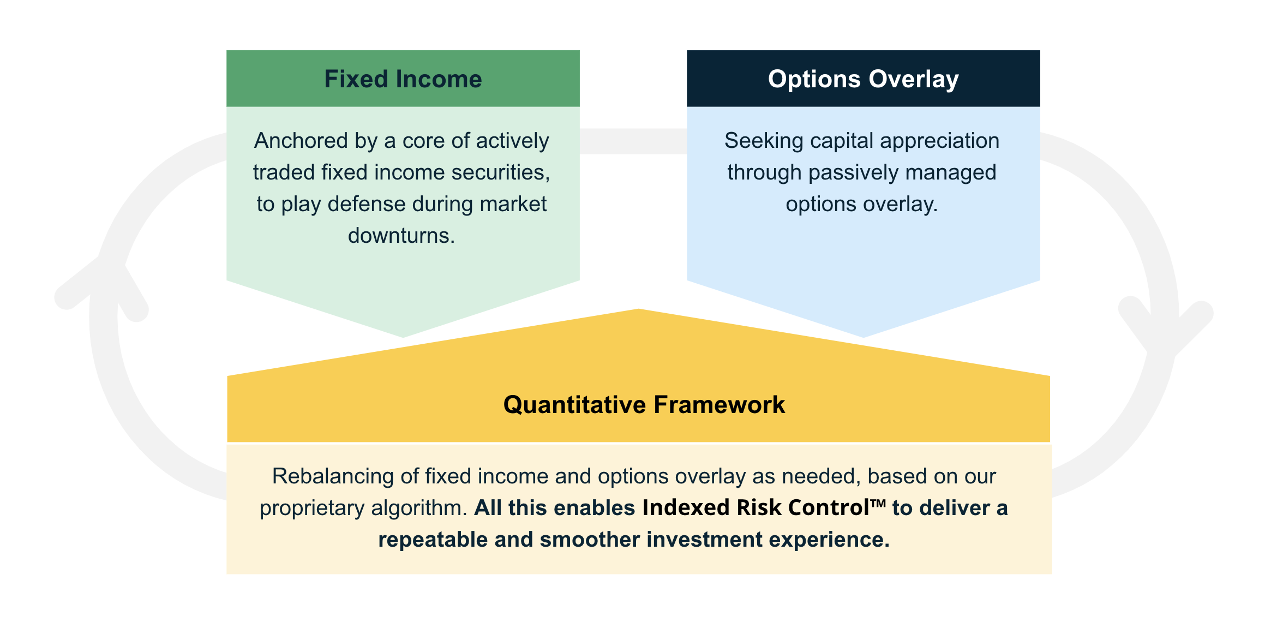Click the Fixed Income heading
coord(403,79)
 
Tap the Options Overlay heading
coord(863,80)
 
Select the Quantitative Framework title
coord(644,405)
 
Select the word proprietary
coord(312,509)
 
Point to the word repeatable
coord(433,540)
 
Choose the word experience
coord(829,540)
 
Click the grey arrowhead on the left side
coord(104,284)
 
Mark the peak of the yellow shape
coord(638,309)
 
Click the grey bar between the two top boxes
coord(633,141)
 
